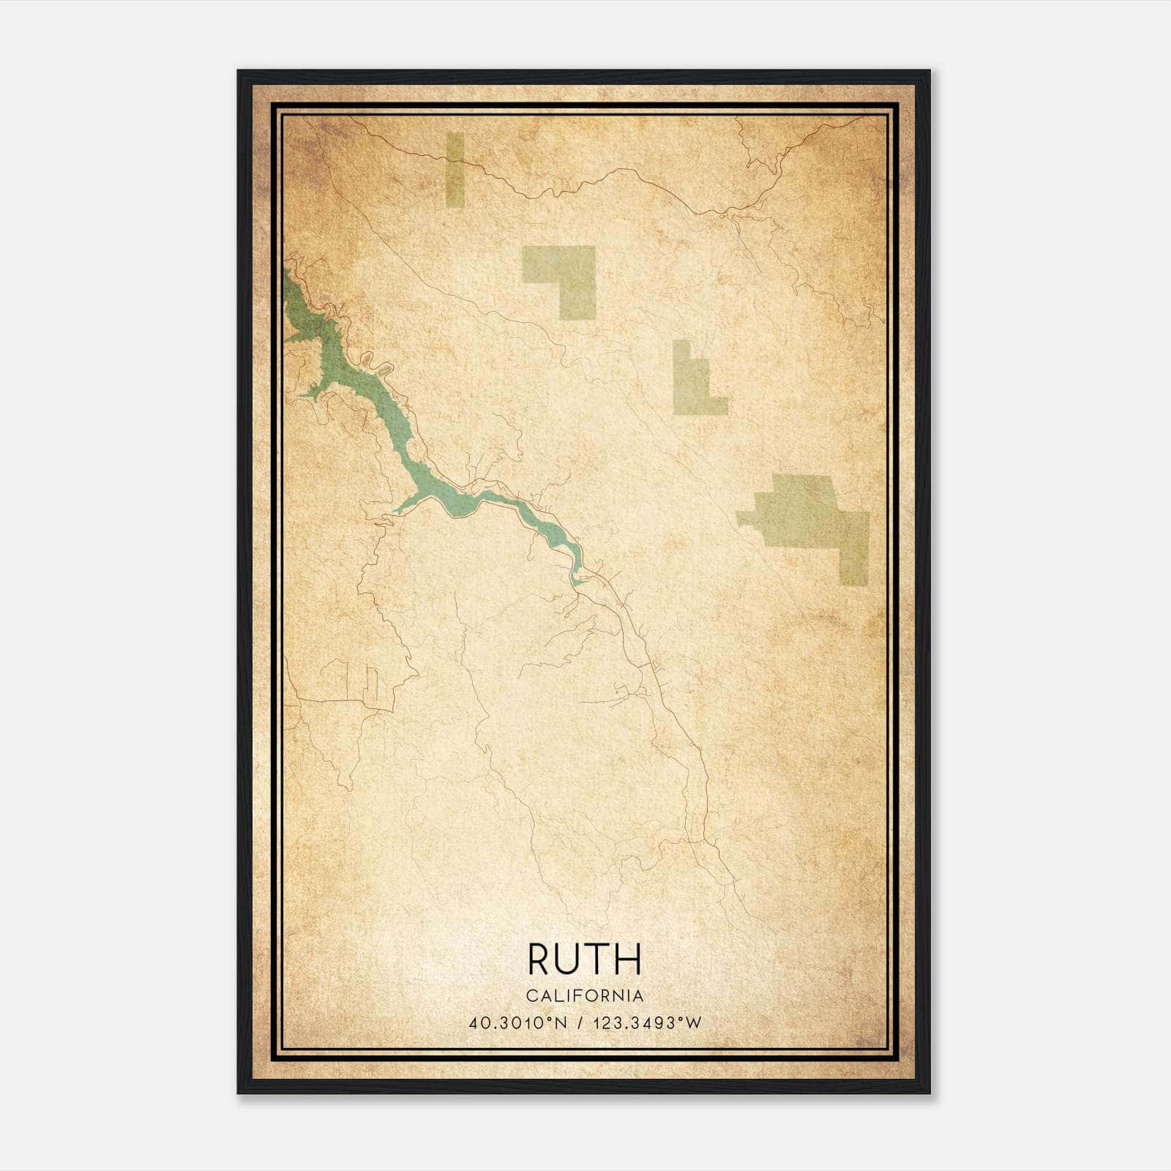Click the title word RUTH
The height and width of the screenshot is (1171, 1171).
click(x=584, y=959)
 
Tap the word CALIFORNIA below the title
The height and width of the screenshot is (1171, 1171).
click(x=585, y=995)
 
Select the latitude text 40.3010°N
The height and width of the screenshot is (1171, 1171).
click(x=518, y=1022)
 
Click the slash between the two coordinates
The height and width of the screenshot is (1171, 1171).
click(x=580, y=1022)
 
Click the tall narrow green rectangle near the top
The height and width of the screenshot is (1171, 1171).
click(x=454, y=169)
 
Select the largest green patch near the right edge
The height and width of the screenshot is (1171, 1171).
click(x=812, y=516)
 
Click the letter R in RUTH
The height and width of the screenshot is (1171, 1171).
click(x=539, y=959)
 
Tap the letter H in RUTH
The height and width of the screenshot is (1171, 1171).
click(x=629, y=959)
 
